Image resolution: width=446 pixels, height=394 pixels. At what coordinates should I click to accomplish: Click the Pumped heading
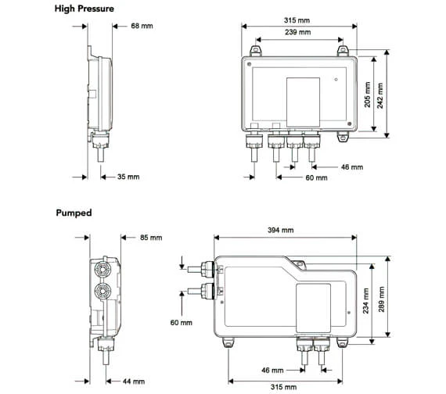[x=74, y=213]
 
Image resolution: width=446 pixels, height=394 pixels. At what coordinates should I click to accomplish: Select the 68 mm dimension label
[x=142, y=27]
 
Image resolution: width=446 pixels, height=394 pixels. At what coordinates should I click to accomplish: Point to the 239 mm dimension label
[x=298, y=32]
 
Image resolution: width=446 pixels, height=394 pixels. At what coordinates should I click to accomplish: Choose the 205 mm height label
[x=369, y=95]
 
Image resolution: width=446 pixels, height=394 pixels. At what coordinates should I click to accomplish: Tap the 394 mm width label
[x=281, y=230]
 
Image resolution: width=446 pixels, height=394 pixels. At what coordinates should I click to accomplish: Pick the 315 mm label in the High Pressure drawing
[x=298, y=20]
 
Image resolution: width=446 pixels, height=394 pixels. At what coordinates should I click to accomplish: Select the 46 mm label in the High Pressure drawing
[x=351, y=167]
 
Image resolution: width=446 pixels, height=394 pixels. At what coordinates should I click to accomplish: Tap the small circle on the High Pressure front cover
[x=336, y=79]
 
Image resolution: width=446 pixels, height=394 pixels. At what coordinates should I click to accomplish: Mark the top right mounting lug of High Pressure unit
[x=343, y=52]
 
